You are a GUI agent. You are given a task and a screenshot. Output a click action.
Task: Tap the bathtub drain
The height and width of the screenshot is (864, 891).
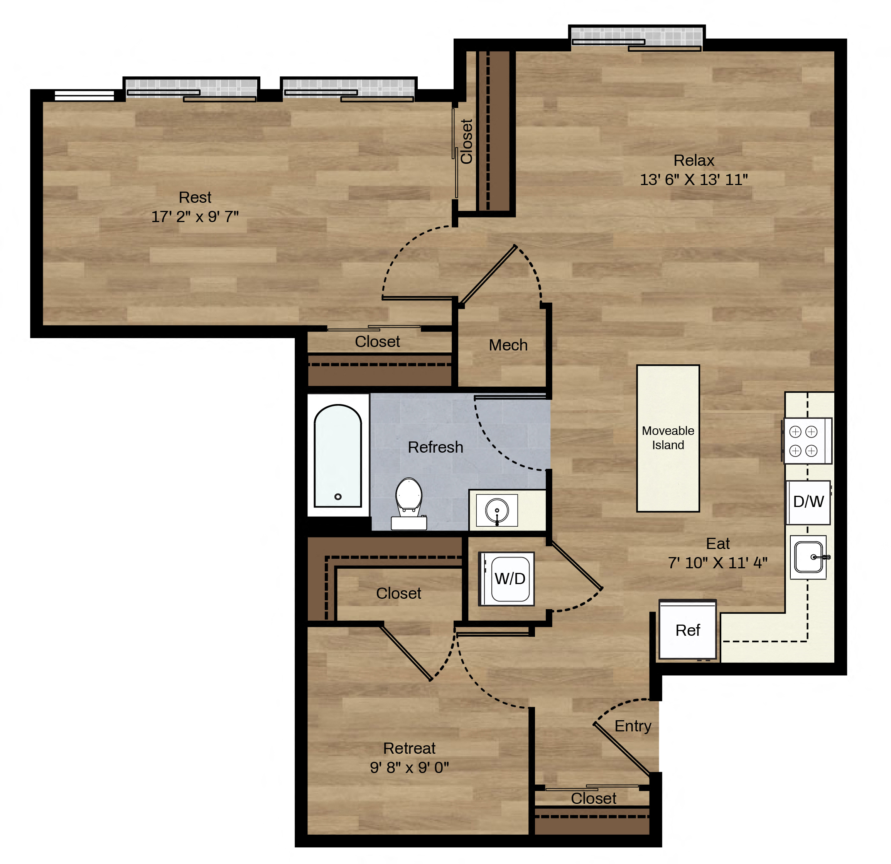[338, 497]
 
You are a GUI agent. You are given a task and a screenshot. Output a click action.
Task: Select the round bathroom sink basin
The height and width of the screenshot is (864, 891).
[497, 510]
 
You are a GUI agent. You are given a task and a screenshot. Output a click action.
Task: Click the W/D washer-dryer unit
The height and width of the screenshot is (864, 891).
[506, 579]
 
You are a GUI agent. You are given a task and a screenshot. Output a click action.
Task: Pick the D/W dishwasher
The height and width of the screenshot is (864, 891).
[808, 502]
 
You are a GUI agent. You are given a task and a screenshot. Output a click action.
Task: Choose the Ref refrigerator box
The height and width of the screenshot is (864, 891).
[688, 630]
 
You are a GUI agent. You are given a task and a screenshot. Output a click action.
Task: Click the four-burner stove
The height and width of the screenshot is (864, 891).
[807, 441]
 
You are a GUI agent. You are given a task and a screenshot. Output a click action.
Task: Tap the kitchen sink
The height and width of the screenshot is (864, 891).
[808, 557]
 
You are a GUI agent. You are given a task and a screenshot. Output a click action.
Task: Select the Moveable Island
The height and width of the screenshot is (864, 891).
[668, 439]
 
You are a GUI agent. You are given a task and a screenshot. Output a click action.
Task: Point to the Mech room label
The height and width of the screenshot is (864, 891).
[508, 345]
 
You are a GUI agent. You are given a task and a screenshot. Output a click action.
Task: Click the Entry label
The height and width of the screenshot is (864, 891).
[633, 726]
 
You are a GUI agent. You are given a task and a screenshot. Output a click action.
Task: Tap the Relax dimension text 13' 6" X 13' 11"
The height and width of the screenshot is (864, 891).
[694, 180]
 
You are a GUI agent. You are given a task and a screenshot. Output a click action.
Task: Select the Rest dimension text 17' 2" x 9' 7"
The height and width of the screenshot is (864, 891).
[195, 216]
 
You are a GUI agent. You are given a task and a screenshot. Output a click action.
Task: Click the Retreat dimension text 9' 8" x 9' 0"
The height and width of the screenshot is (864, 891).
[409, 768]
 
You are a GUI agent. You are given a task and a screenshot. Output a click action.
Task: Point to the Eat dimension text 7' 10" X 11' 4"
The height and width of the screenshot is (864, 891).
[718, 563]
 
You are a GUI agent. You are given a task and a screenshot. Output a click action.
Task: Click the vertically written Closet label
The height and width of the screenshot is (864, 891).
[467, 141]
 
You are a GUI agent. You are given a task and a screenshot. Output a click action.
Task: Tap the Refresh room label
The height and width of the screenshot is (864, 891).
[435, 447]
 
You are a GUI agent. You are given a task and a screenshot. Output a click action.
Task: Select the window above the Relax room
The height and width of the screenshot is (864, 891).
[636, 39]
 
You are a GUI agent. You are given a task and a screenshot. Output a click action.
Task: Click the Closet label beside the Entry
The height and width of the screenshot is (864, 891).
[594, 798]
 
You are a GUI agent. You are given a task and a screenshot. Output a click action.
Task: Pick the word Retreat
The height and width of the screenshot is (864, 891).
[409, 748]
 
